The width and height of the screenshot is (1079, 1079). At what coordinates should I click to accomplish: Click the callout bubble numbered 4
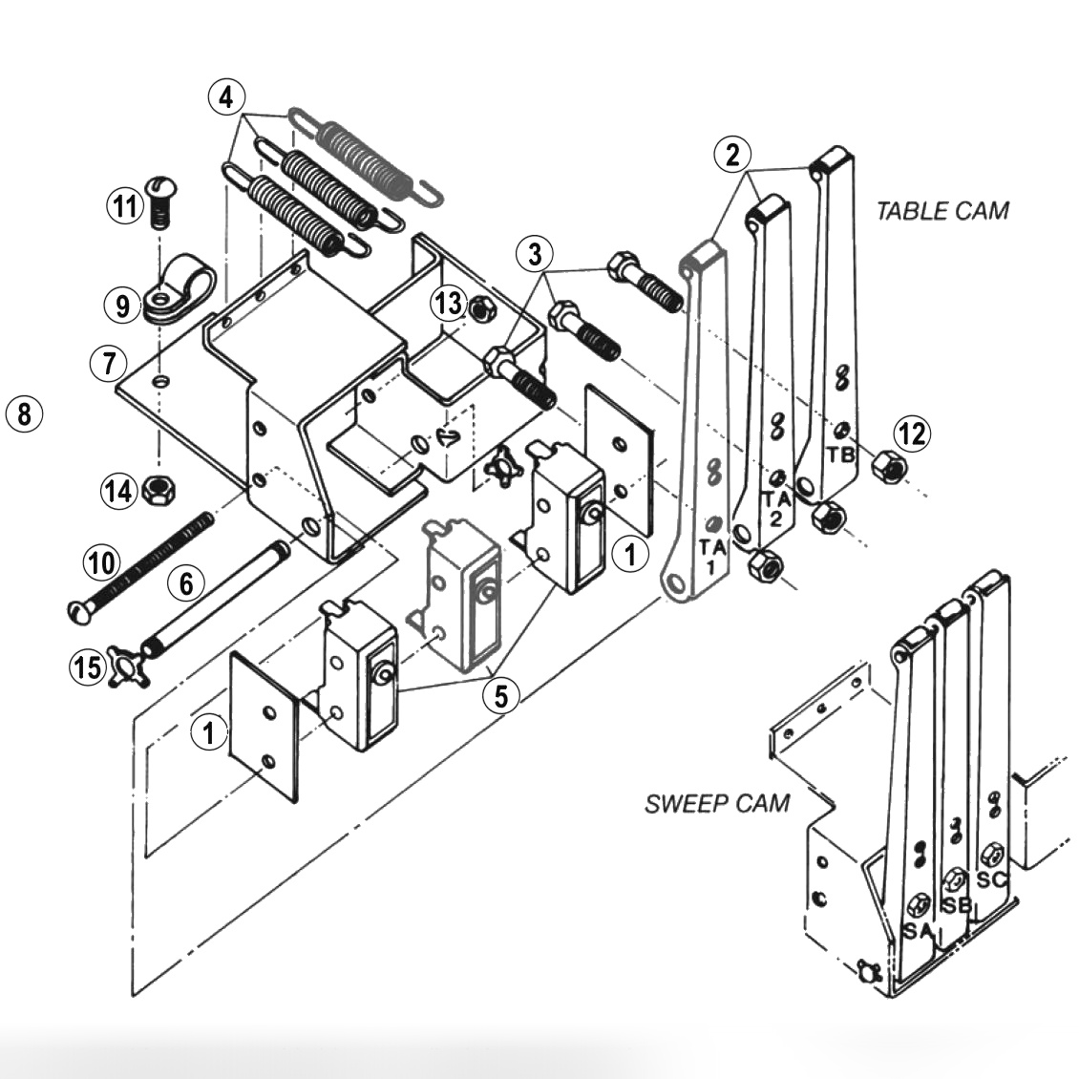[226, 96]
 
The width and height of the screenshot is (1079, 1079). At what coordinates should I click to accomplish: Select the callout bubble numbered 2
[732, 155]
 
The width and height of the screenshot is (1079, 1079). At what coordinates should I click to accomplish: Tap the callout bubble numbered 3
[535, 255]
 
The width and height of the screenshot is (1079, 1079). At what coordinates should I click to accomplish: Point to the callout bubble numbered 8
[24, 414]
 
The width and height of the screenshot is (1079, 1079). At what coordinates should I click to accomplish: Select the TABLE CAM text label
[941, 210]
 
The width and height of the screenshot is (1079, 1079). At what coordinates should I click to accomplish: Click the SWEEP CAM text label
[717, 802]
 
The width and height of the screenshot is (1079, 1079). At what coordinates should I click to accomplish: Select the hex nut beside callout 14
[155, 491]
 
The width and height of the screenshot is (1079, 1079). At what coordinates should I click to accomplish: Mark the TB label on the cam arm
[840, 455]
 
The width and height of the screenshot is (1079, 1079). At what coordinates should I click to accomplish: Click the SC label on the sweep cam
[992, 879]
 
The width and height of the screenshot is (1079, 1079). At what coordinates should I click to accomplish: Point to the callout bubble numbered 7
[109, 363]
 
